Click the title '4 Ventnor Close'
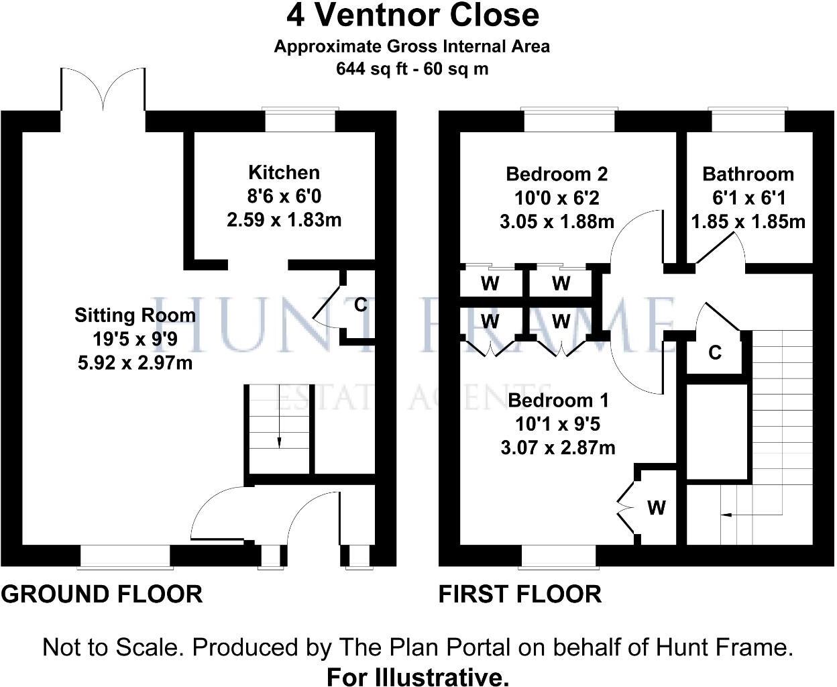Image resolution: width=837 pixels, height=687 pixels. click(x=413, y=15)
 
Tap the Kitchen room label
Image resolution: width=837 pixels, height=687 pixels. click(x=284, y=172)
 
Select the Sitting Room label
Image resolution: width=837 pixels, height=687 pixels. click(x=135, y=315)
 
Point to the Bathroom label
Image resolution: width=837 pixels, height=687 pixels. click(x=748, y=174)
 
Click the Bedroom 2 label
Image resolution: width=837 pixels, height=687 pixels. click(x=557, y=174)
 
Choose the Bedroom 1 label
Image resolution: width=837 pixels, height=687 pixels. click(x=558, y=401)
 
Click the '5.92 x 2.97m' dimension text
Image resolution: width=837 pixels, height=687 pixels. click(x=135, y=363)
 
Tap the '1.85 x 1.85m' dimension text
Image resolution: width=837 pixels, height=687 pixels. click(x=748, y=221)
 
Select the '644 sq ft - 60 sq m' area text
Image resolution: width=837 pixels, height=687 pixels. click(x=412, y=68)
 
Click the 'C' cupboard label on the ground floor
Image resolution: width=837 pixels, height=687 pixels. click(x=360, y=305)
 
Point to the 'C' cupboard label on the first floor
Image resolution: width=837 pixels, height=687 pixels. click(x=715, y=352)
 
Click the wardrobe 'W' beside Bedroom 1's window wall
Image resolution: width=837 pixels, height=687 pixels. click(x=656, y=508)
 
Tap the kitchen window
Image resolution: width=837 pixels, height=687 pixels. click(x=300, y=121)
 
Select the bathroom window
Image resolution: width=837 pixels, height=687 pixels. click(x=748, y=121)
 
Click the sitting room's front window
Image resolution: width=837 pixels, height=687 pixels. click(x=125, y=556)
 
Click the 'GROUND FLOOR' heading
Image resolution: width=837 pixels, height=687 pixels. click(x=102, y=594)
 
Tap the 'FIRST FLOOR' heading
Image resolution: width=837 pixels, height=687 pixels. click(x=520, y=594)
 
